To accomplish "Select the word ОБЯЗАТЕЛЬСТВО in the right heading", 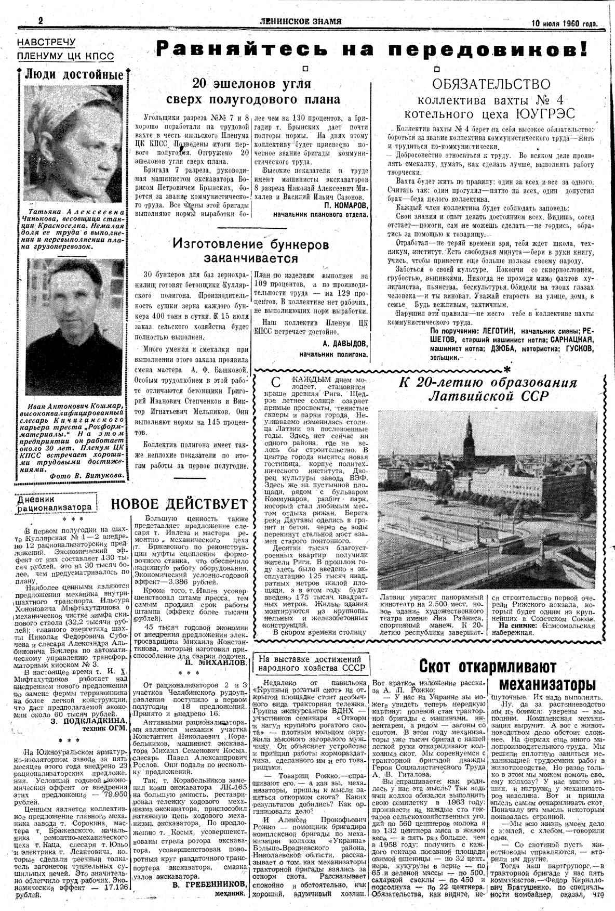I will (491, 84).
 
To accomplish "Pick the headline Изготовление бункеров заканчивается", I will (251, 251).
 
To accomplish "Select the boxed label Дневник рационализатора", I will (56, 503).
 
